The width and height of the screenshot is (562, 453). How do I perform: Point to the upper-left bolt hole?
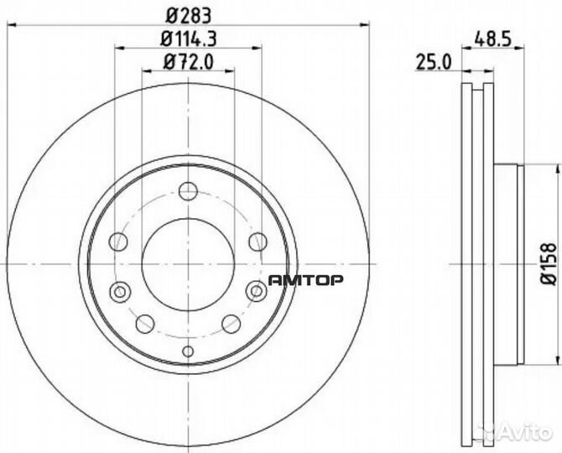coord(120,242)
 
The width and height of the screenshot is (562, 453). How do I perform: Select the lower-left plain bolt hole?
coord(145,323)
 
